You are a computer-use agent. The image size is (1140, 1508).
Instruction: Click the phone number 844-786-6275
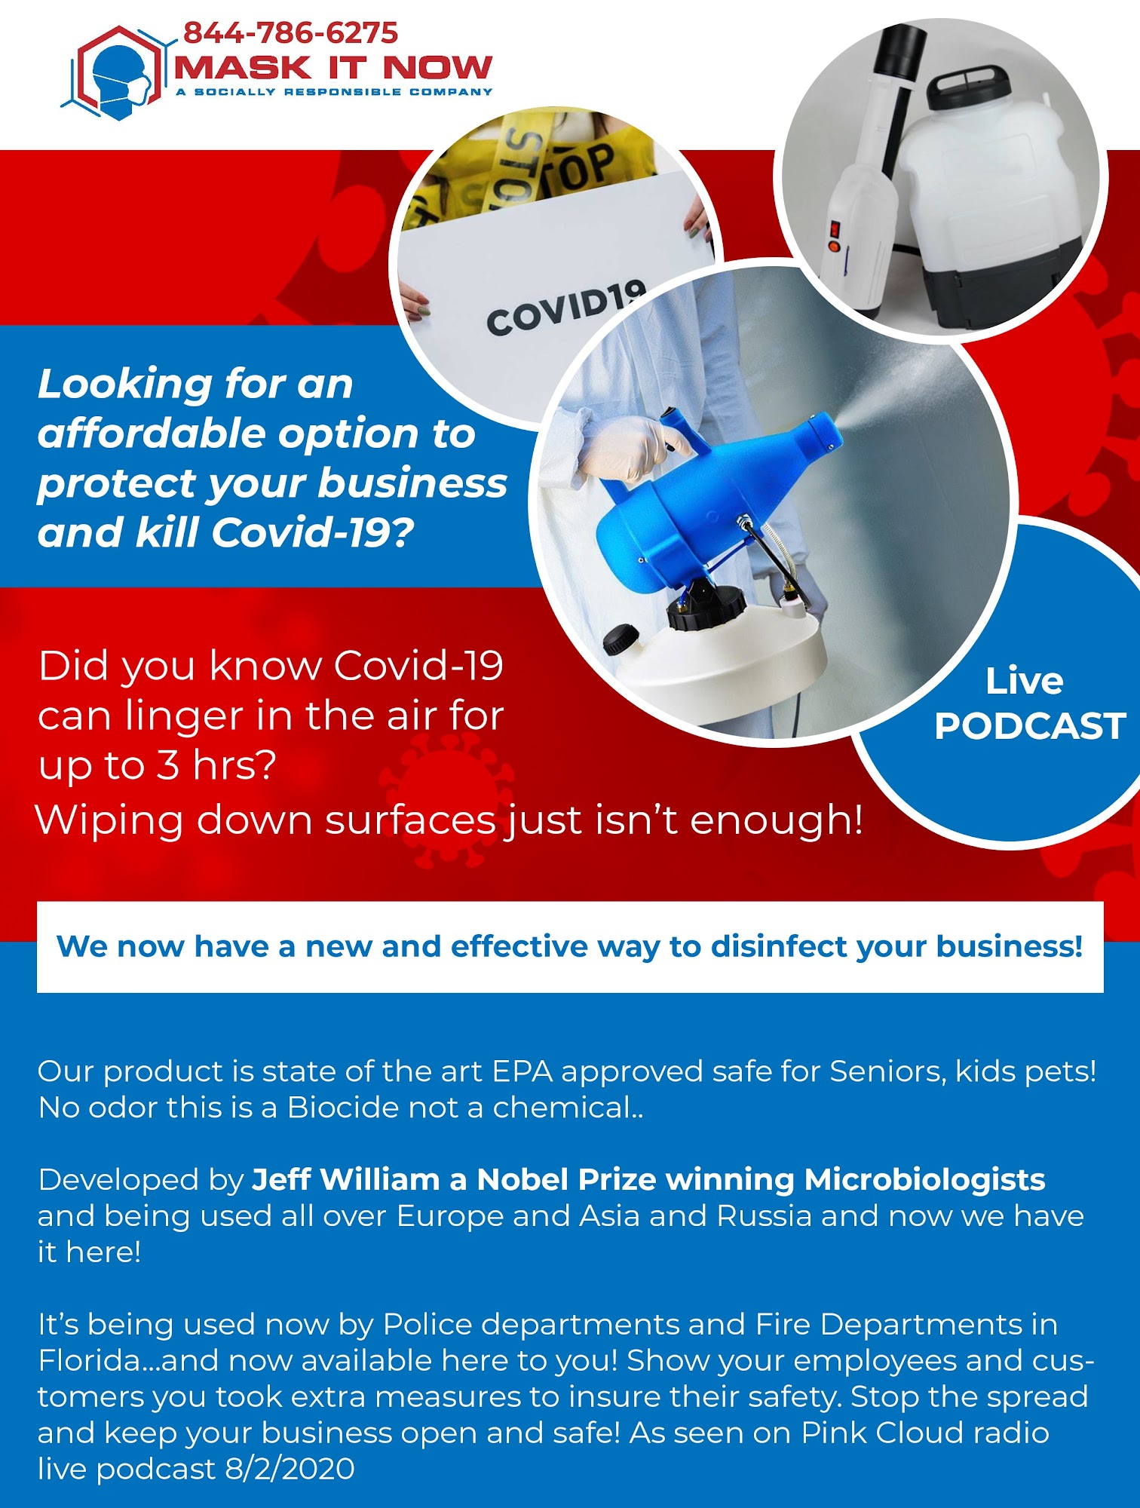click(x=290, y=33)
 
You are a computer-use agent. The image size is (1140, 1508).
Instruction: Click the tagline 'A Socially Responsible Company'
click(x=334, y=92)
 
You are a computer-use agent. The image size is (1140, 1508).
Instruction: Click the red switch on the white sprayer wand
click(x=835, y=228)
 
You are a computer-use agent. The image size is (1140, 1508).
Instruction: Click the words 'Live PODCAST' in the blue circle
click(x=1029, y=703)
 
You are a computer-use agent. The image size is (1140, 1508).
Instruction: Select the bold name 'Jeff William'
click(x=346, y=1179)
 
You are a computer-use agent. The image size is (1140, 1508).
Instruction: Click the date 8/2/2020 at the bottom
click(x=290, y=1469)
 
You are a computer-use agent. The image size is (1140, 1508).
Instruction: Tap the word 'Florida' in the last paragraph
click(x=89, y=1360)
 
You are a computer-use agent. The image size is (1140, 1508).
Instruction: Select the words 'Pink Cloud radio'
click(x=925, y=1433)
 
